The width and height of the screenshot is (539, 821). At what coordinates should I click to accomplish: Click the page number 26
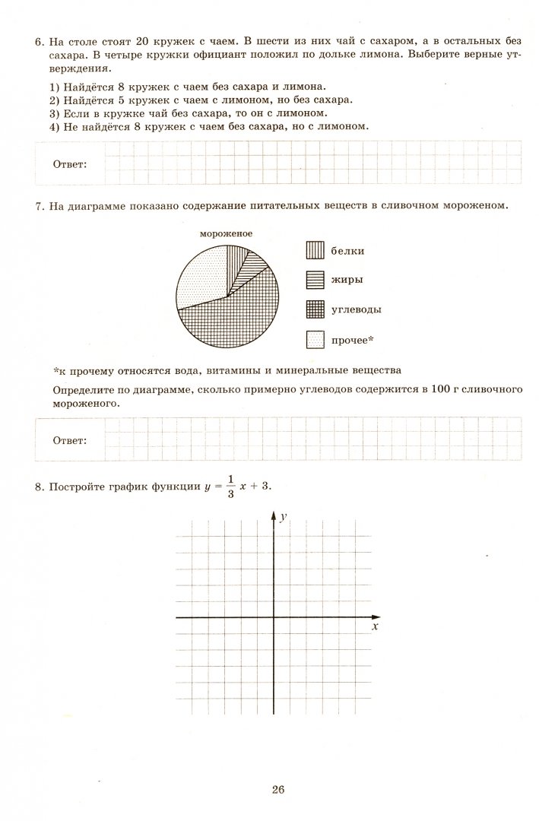(x=277, y=790)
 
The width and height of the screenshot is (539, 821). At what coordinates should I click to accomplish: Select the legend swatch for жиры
(x=315, y=281)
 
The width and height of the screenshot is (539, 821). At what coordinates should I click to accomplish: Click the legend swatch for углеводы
(x=315, y=310)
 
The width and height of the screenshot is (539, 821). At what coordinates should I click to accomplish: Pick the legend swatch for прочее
(x=315, y=340)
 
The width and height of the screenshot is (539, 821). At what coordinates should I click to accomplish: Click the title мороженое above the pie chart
(x=226, y=234)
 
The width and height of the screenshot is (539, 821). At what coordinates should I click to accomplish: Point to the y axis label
(x=283, y=517)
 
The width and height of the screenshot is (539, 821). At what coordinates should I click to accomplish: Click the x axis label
(x=375, y=628)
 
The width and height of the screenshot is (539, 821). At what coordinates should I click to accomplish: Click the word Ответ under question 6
(x=69, y=163)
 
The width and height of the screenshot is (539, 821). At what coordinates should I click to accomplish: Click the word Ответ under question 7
(x=69, y=440)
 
